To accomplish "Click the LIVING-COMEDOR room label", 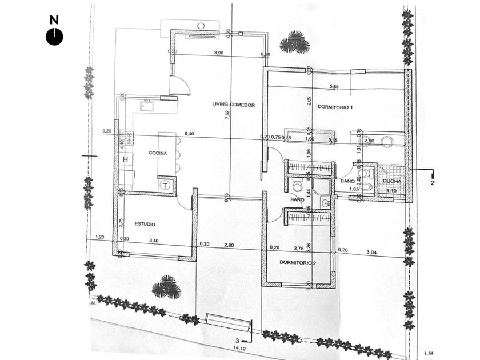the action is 233,105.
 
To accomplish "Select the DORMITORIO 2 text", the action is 298,263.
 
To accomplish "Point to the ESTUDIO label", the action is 145,224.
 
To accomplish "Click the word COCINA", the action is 158,153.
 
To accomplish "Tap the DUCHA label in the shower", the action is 392,182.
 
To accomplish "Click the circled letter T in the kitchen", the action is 165,185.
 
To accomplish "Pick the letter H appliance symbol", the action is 125,159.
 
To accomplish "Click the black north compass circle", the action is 54,37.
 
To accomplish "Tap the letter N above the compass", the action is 54,20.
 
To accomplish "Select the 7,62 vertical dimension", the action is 227,113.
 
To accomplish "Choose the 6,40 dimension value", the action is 190,134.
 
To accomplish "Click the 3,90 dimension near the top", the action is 218,53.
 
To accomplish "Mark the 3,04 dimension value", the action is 371,251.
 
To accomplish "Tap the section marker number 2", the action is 433,183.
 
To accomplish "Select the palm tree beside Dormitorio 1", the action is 295,43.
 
